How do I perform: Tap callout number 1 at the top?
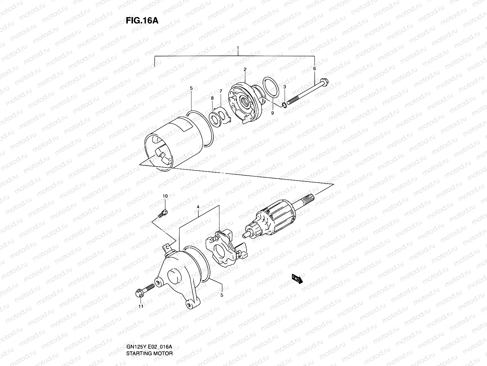coord(238,48)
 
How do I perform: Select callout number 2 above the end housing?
coord(245,70)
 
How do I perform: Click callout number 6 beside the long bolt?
coord(314,68)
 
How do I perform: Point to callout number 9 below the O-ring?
coord(272,113)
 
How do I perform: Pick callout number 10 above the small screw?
coord(165,196)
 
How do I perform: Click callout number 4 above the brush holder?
coord(198,207)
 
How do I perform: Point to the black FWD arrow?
coord(297,279)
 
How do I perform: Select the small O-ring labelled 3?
coord(284,106)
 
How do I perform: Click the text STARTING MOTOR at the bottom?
coord(149,328)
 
